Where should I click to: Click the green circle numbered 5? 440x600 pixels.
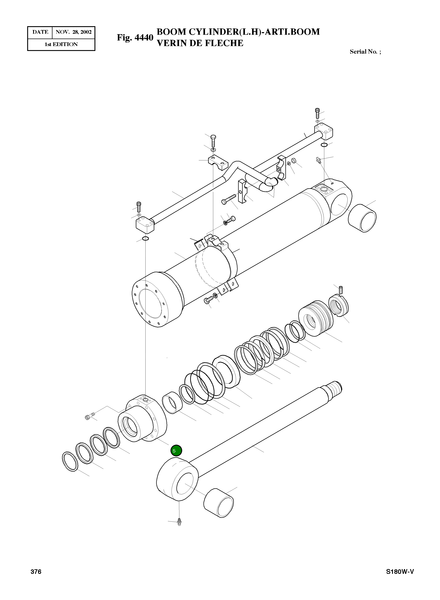pyautogui.click(x=176, y=451)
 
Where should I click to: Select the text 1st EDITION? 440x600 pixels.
pyautogui.click(x=61, y=45)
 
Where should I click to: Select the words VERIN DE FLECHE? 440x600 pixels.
pyautogui.click(x=200, y=43)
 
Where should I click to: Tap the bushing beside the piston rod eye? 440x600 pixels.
pyautogui.click(x=218, y=503)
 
